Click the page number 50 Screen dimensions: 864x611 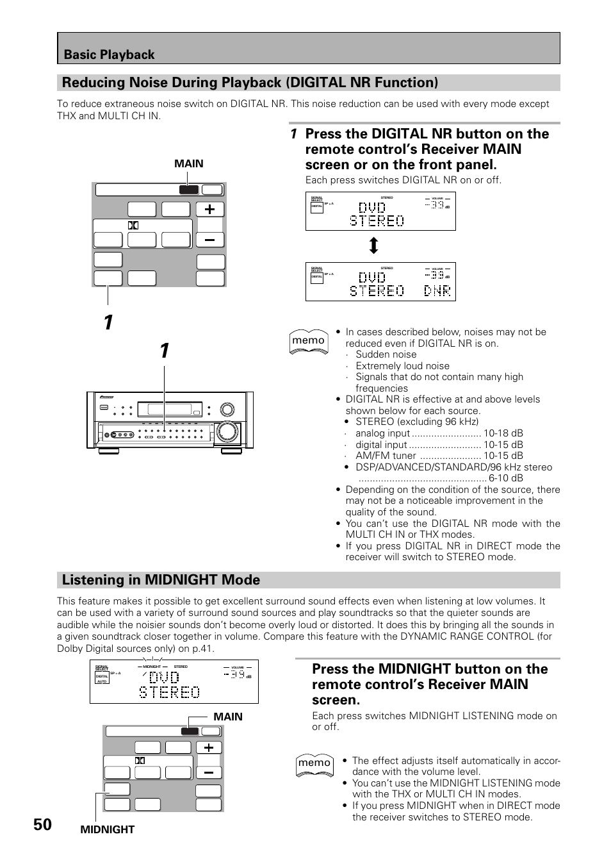click(x=43, y=824)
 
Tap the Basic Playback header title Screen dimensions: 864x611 click(x=109, y=54)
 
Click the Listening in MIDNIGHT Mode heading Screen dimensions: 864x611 click(x=161, y=579)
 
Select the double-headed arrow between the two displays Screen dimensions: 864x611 click(x=373, y=245)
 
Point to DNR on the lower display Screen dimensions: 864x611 click(x=437, y=290)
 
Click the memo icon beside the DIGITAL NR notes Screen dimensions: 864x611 click(x=308, y=341)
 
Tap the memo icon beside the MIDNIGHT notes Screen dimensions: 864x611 click(x=314, y=763)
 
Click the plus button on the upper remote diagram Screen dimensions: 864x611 click(x=209, y=209)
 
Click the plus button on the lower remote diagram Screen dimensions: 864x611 click(x=209, y=747)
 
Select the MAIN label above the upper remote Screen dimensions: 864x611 click(x=188, y=163)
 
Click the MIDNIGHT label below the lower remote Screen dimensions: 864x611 click(x=108, y=829)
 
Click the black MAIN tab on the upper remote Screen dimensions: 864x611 click(x=188, y=190)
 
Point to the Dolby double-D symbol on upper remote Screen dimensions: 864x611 click(x=133, y=225)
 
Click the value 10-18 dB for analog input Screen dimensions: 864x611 click(x=503, y=433)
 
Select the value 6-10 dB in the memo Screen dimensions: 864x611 click(x=505, y=478)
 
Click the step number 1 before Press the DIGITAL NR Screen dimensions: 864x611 click(x=293, y=134)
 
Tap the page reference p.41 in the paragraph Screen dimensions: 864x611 click(x=202, y=648)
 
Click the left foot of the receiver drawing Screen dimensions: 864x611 click(x=109, y=451)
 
